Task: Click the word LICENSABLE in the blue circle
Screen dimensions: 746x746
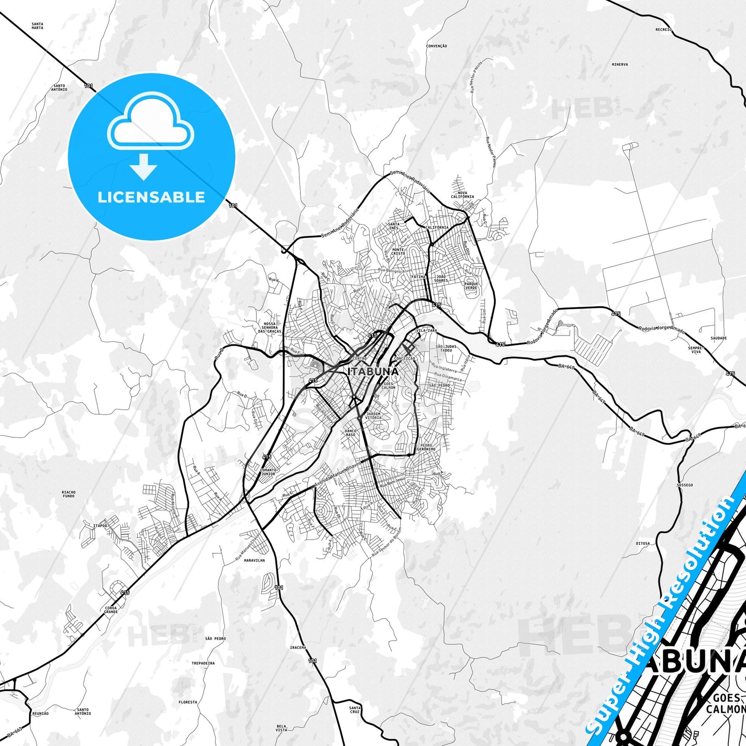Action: pyautogui.click(x=151, y=197)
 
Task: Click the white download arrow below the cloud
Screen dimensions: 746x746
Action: pyautogui.click(x=144, y=166)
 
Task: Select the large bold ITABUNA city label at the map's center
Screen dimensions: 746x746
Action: pyautogui.click(x=373, y=372)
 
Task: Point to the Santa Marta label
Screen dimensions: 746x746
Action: pyautogui.click(x=37, y=26)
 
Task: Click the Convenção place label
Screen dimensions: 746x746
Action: pyautogui.click(x=437, y=46)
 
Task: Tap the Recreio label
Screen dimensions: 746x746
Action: pyautogui.click(x=663, y=30)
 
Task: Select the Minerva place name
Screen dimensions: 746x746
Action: pyautogui.click(x=620, y=65)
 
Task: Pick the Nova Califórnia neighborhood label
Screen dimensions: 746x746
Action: pyautogui.click(x=462, y=195)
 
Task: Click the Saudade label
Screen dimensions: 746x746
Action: pyautogui.click(x=718, y=338)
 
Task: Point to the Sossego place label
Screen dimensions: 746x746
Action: pyautogui.click(x=685, y=485)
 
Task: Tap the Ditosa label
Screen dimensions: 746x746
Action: pyautogui.click(x=643, y=544)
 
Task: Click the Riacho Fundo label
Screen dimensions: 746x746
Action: pyautogui.click(x=69, y=494)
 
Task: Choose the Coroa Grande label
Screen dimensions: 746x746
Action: pyautogui.click(x=111, y=610)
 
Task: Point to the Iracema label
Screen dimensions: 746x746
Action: pyautogui.click(x=298, y=647)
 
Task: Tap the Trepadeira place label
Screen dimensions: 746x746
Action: pyautogui.click(x=203, y=663)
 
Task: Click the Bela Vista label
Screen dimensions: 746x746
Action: pyautogui.click(x=281, y=728)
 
